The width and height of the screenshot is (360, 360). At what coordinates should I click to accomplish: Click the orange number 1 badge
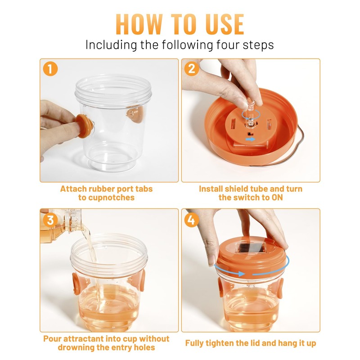[x=50, y=69]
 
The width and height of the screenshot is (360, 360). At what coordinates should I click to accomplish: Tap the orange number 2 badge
[x=192, y=69]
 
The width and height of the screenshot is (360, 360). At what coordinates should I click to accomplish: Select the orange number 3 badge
[x=50, y=220]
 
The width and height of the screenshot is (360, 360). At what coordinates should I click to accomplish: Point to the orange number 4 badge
[x=192, y=220]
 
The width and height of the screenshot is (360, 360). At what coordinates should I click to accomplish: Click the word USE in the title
[x=224, y=24]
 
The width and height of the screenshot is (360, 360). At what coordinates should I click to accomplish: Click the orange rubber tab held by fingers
[x=84, y=126]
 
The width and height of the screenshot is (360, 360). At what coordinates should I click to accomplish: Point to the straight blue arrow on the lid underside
[x=250, y=139]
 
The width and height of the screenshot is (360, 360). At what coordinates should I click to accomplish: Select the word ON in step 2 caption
[x=277, y=198]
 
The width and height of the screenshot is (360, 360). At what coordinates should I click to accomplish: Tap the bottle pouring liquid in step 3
[x=61, y=225]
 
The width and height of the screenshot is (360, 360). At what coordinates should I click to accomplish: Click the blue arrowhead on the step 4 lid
[x=242, y=274]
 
